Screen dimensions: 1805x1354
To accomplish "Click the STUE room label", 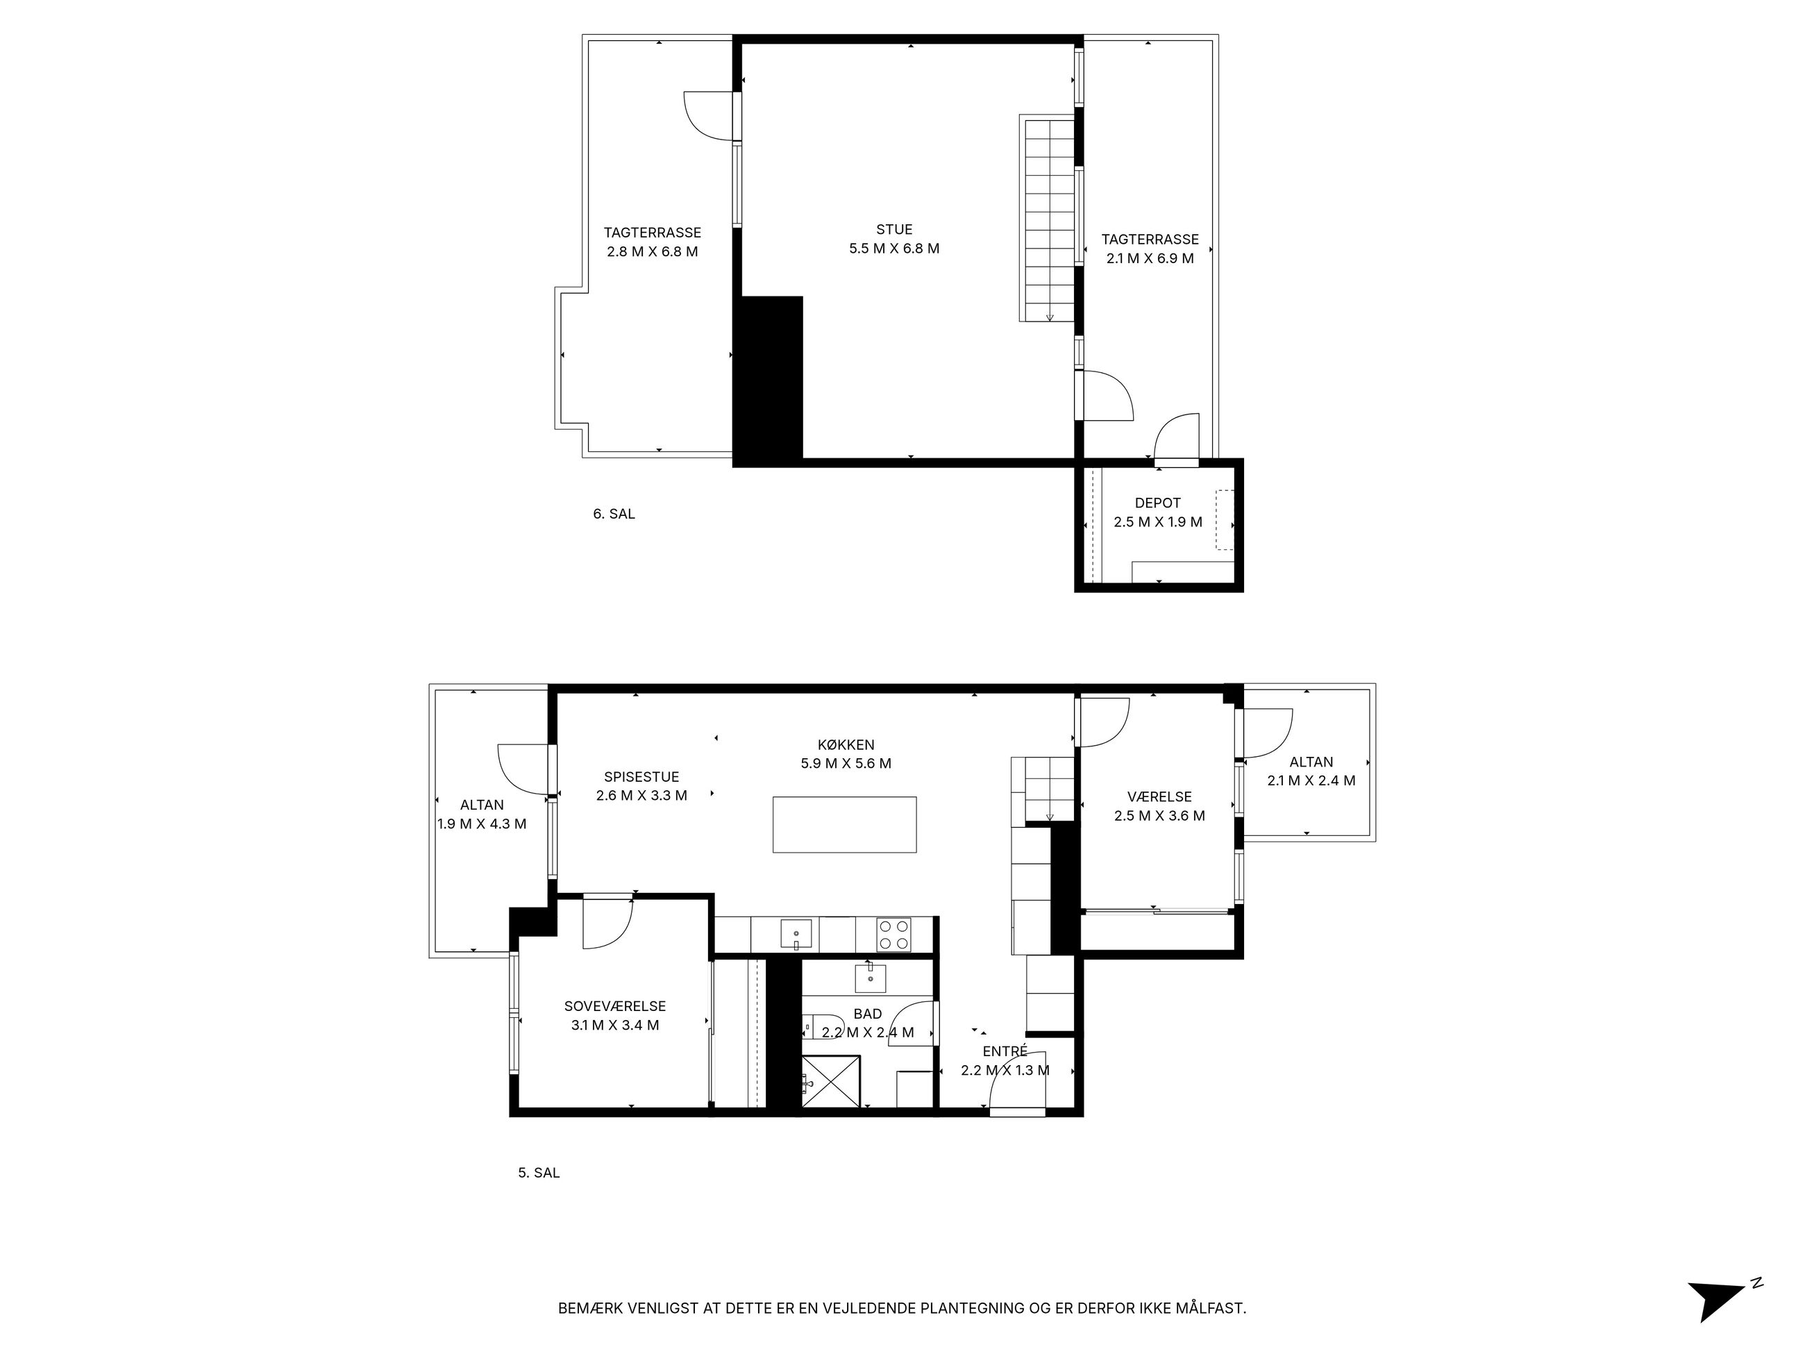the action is [x=894, y=229].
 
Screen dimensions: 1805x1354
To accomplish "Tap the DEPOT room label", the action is [x=1157, y=503].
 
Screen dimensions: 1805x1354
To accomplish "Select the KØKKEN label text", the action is [x=846, y=744].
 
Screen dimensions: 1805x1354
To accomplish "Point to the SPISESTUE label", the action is [x=641, y=777].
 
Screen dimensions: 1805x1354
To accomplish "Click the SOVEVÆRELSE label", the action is [x=615, y=1006].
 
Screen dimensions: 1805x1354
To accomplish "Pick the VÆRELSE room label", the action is [x=1159, y=796].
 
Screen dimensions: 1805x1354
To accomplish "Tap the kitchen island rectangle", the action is [x=845, y=824].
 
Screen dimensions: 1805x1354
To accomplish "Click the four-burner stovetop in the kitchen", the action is [x=893, y=935].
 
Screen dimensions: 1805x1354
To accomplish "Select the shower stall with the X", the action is [x=831, y=1081].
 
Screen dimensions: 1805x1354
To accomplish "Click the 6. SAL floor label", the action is [x=614, y=515].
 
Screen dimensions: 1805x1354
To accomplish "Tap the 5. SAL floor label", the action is [x=539, y=1173].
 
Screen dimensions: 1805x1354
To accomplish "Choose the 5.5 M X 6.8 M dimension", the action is [x=894, y=249].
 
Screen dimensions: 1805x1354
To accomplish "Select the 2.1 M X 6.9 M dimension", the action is [x=1150, y=259].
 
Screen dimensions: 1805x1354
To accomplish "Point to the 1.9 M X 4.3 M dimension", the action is [x=481, y=824].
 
